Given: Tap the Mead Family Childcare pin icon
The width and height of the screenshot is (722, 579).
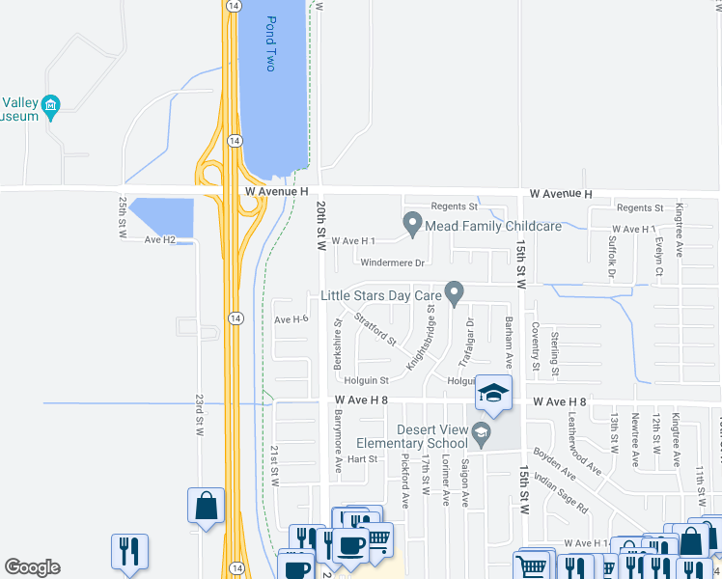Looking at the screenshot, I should [412, 225].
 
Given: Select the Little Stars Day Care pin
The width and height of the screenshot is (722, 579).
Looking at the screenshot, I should [454, 292].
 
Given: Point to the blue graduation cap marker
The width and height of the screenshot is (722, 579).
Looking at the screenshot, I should [492, 394].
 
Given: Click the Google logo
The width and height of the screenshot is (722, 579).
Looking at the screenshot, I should [32, 567].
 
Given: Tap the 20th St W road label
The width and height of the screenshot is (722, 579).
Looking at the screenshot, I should [321, 226].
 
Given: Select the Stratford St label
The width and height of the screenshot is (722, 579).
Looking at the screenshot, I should [375, 328].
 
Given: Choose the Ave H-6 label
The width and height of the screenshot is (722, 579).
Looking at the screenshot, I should [291, 319].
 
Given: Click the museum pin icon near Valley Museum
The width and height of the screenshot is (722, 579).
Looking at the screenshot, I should [52, 105].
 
